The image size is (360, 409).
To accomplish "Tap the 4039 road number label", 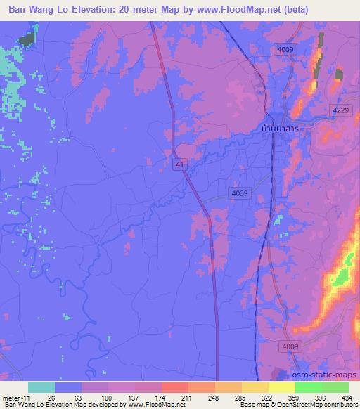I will tap(240, 193).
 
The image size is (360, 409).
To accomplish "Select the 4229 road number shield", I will tap(341, 110).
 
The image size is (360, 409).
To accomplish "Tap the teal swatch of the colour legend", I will tap(41, 387).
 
